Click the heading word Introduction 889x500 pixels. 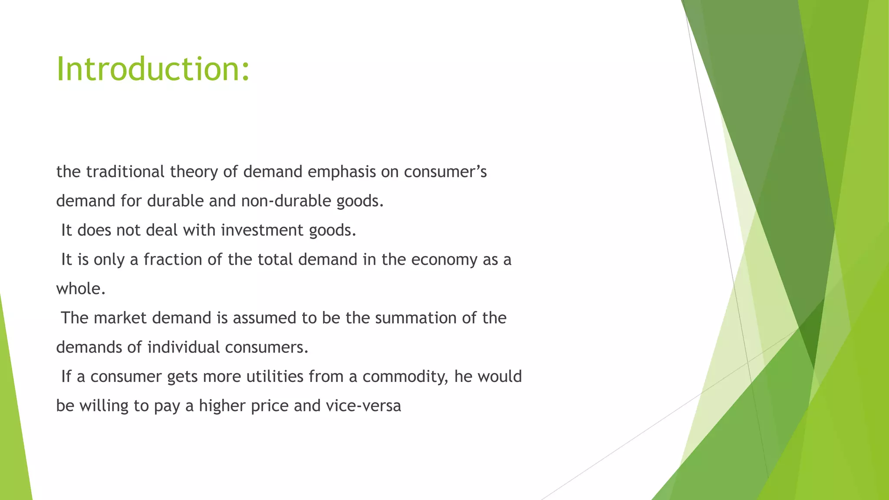tap(153, 69)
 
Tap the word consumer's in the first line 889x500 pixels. tap(445, 172)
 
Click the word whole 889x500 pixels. tap(81, 289)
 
